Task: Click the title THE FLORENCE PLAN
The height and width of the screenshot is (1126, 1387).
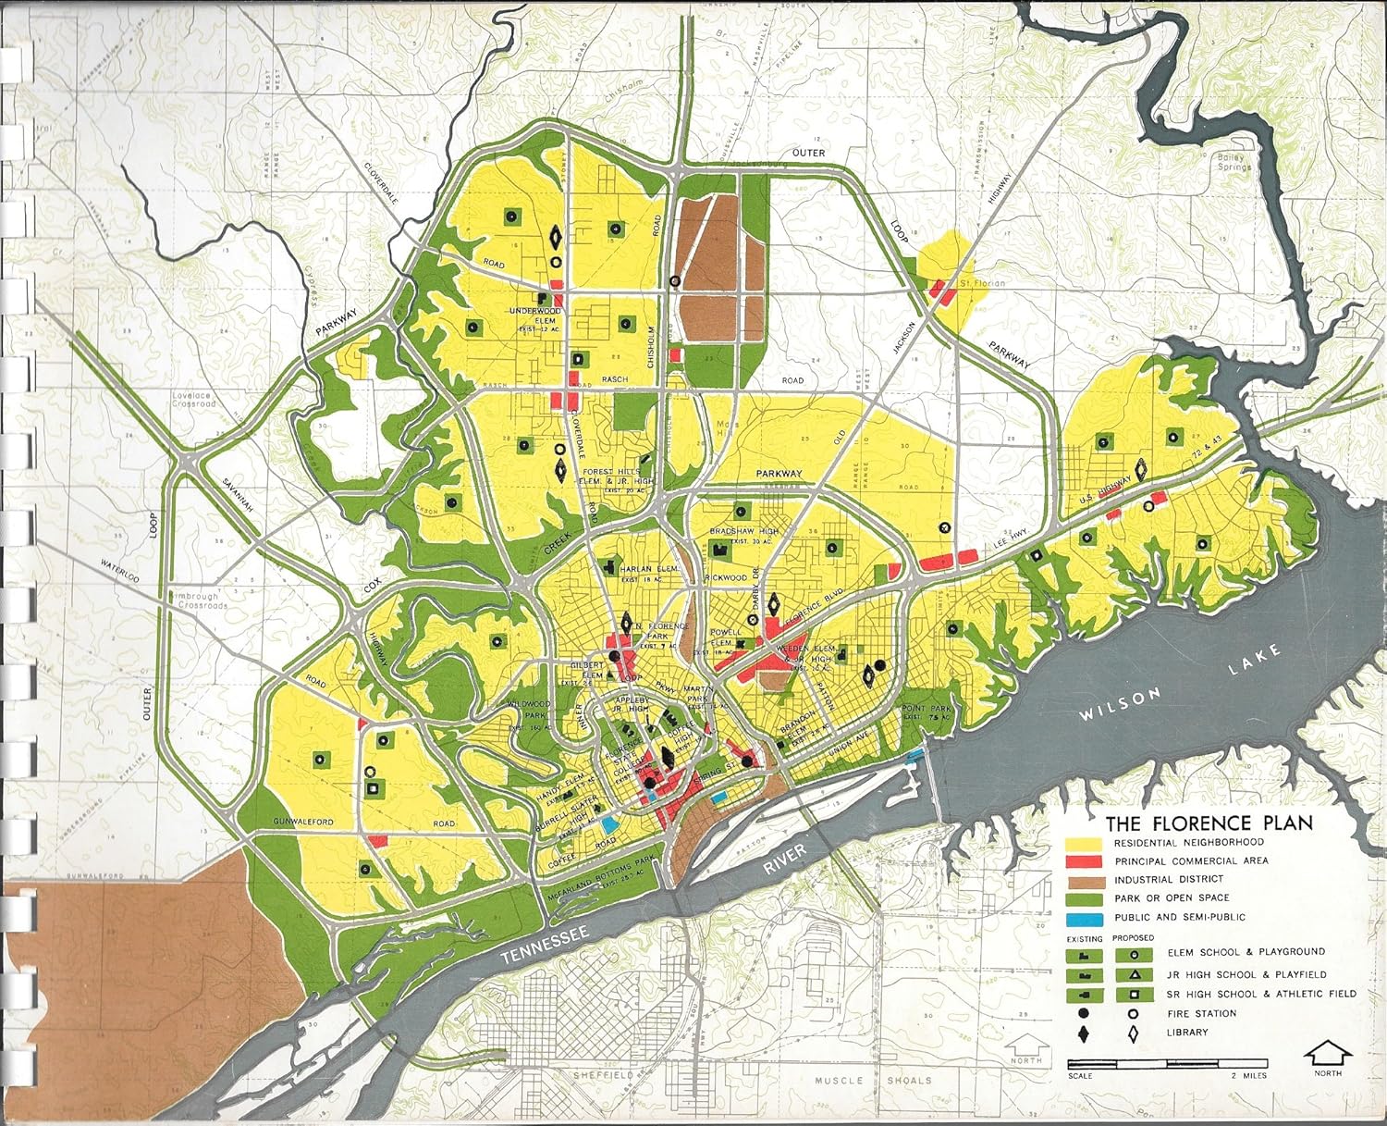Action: tap(1209, 823)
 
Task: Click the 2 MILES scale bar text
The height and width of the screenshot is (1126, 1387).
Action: tap(1248, 1075)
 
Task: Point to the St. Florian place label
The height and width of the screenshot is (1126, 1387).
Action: tap(980, 282)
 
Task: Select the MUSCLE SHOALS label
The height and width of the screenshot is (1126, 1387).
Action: tap(860, 1080)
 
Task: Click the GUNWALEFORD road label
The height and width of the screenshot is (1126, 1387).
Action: tap(302, 822)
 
